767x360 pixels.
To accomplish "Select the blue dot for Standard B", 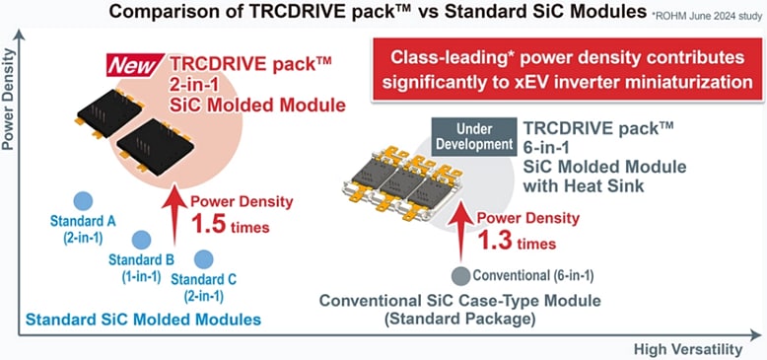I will click(x=140, y=240).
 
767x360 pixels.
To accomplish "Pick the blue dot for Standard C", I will click(x=204, y=258).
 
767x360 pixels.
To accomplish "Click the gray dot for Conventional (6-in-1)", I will click(x=460, y=275).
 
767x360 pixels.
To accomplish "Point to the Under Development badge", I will click(x=474, y=136).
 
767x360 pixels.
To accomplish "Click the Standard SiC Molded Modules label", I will click(x=143, y=319).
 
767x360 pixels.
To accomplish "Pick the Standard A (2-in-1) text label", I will click(x=87, y=228).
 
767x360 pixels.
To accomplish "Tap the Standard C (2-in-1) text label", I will click(x=204, y=287).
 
